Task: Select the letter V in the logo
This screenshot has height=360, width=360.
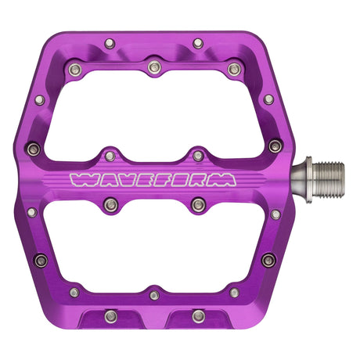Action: (x=122, y=180)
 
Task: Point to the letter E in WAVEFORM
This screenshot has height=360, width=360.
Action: (x=142, y=180)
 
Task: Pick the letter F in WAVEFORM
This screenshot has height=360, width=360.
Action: (x=160, y=180)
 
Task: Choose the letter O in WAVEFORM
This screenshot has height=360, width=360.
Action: (x=179, y=180)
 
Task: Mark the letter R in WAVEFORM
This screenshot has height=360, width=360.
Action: (x=200, y=180)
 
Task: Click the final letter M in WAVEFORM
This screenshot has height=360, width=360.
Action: (x=222, y=180)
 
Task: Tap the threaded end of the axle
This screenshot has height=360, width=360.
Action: (x=328, y=178)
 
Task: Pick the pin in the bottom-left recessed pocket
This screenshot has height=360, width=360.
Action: (x=110, y=315)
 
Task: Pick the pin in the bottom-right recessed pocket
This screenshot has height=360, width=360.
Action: (x=199, y=315)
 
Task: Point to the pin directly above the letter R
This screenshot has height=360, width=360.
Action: (x=198, y=155)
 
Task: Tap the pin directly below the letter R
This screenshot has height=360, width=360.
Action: (x=198, y=205)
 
